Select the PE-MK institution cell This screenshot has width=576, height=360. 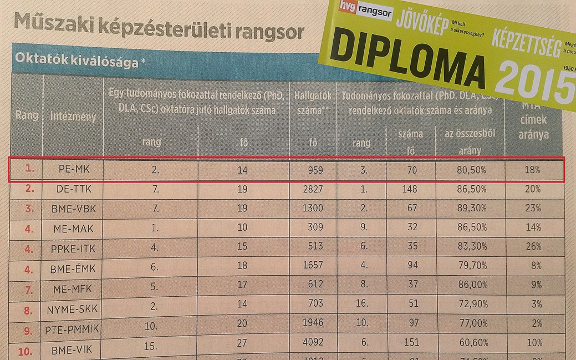click(x=73, y=171)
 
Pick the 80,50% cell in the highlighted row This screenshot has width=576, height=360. click(x=468, y=171)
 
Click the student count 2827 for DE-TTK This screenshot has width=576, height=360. click(x=313, y=190)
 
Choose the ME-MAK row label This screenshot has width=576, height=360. click(x=73, y=227)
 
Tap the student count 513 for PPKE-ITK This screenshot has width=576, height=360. click(x=313, y=246)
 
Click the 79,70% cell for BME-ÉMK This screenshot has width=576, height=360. click(x=468, y=265)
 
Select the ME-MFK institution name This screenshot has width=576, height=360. click(x=73, y=285)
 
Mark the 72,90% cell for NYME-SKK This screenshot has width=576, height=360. click(x=468, y=303)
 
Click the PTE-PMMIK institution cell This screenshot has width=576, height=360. click(x=73, y=323)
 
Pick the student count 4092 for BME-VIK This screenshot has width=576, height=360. click(x=313, y=342)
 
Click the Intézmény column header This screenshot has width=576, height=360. click(x=73, y=118)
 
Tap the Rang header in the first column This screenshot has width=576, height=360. click(x=26, y=116)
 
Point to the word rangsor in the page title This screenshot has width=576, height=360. click(x=263, y=31)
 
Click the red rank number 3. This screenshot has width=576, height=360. click(x=28, y=209)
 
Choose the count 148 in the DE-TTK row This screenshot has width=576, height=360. click(x=411, y=190)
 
